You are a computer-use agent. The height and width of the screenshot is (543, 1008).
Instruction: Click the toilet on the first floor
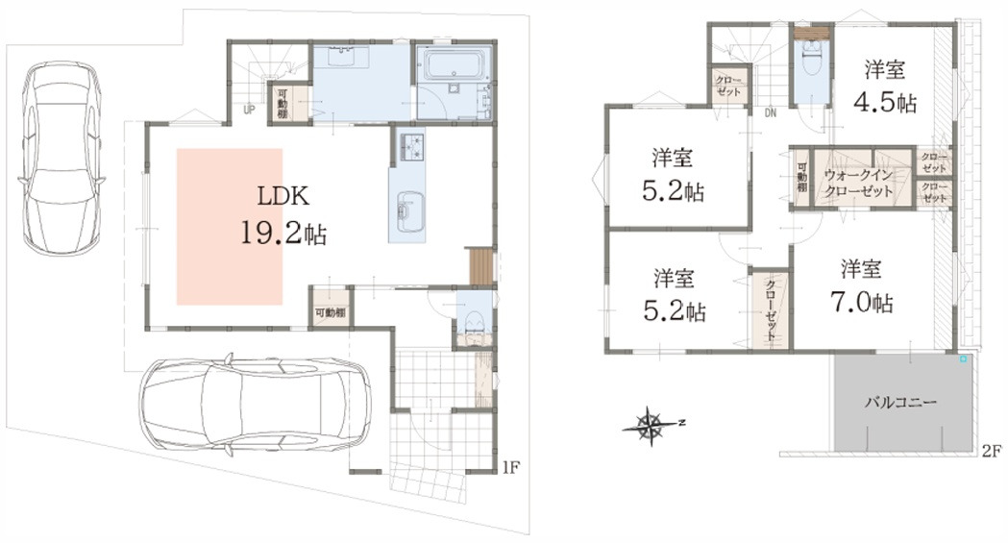point(473,324)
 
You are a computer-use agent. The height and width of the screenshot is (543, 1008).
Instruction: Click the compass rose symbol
point(652,422)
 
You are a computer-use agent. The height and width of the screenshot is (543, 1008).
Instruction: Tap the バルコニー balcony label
point(902,402)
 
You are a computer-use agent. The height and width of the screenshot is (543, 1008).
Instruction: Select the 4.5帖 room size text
point(885,103)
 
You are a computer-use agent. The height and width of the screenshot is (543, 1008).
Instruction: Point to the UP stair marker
point(249,110)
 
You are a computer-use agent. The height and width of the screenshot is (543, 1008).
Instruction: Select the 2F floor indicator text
point(990,451)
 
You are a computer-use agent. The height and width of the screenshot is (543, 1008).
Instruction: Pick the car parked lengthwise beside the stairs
point(61,159)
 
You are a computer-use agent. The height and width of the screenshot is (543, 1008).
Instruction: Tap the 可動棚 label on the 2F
point(801,179)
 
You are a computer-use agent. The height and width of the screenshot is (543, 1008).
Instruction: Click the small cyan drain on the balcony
point(962,359)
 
